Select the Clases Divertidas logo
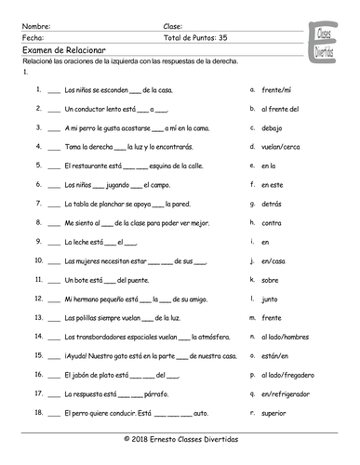[x=327, y=41]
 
